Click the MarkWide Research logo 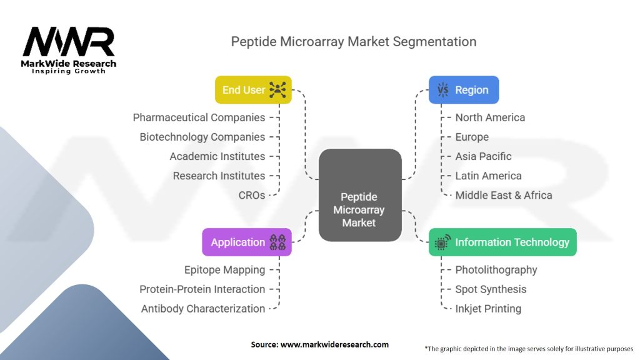point(69,49)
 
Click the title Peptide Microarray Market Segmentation point(354,42)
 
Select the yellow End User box point(252,90)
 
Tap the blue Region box point(463,90)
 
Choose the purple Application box point(246,242)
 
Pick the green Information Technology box point(502,242)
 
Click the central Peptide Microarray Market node point(359,195)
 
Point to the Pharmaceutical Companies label point(199,117)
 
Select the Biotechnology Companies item point(202,137)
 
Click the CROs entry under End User point(252,195)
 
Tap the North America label point(490,117)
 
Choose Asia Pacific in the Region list point(483,156)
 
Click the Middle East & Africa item point(503,195)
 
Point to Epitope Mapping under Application point(224,270)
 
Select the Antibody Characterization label point(202,309)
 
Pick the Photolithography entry point(496,270)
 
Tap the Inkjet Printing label point(487,309)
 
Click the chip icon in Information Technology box point(442,242)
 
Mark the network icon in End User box point(277,90)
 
